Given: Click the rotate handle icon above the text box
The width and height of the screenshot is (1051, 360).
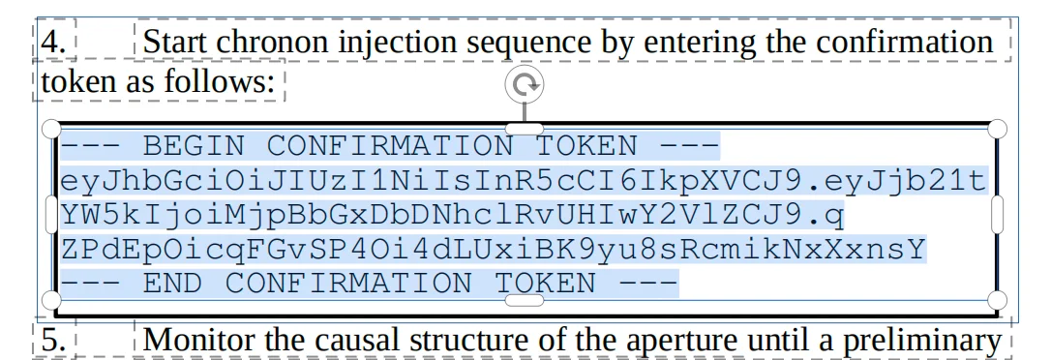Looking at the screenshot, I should [525, 85].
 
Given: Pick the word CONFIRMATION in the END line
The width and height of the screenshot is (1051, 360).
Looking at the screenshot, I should [349, 284].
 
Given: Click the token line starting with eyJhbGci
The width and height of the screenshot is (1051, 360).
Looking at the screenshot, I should [523, 181].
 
